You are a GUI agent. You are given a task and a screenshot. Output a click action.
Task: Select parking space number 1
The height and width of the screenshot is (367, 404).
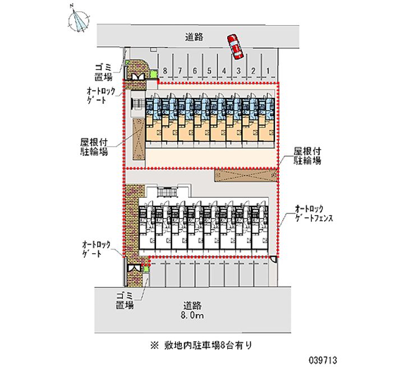tap(268, 71)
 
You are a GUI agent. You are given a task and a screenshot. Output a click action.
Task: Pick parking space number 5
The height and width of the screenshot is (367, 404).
tap(209, 71)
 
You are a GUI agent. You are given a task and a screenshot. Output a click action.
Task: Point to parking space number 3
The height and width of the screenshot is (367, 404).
tap(238, 71)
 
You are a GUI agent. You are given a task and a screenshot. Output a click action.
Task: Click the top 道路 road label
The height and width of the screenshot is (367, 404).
tap(194, 38)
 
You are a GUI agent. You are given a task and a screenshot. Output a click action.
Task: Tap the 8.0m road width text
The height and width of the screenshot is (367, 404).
tap(192, 317)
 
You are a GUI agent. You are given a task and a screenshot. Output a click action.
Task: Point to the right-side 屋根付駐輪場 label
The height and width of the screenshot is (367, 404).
tap(307, 156)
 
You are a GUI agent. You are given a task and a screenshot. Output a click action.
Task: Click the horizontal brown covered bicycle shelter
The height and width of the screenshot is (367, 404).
tap(246, 175)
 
